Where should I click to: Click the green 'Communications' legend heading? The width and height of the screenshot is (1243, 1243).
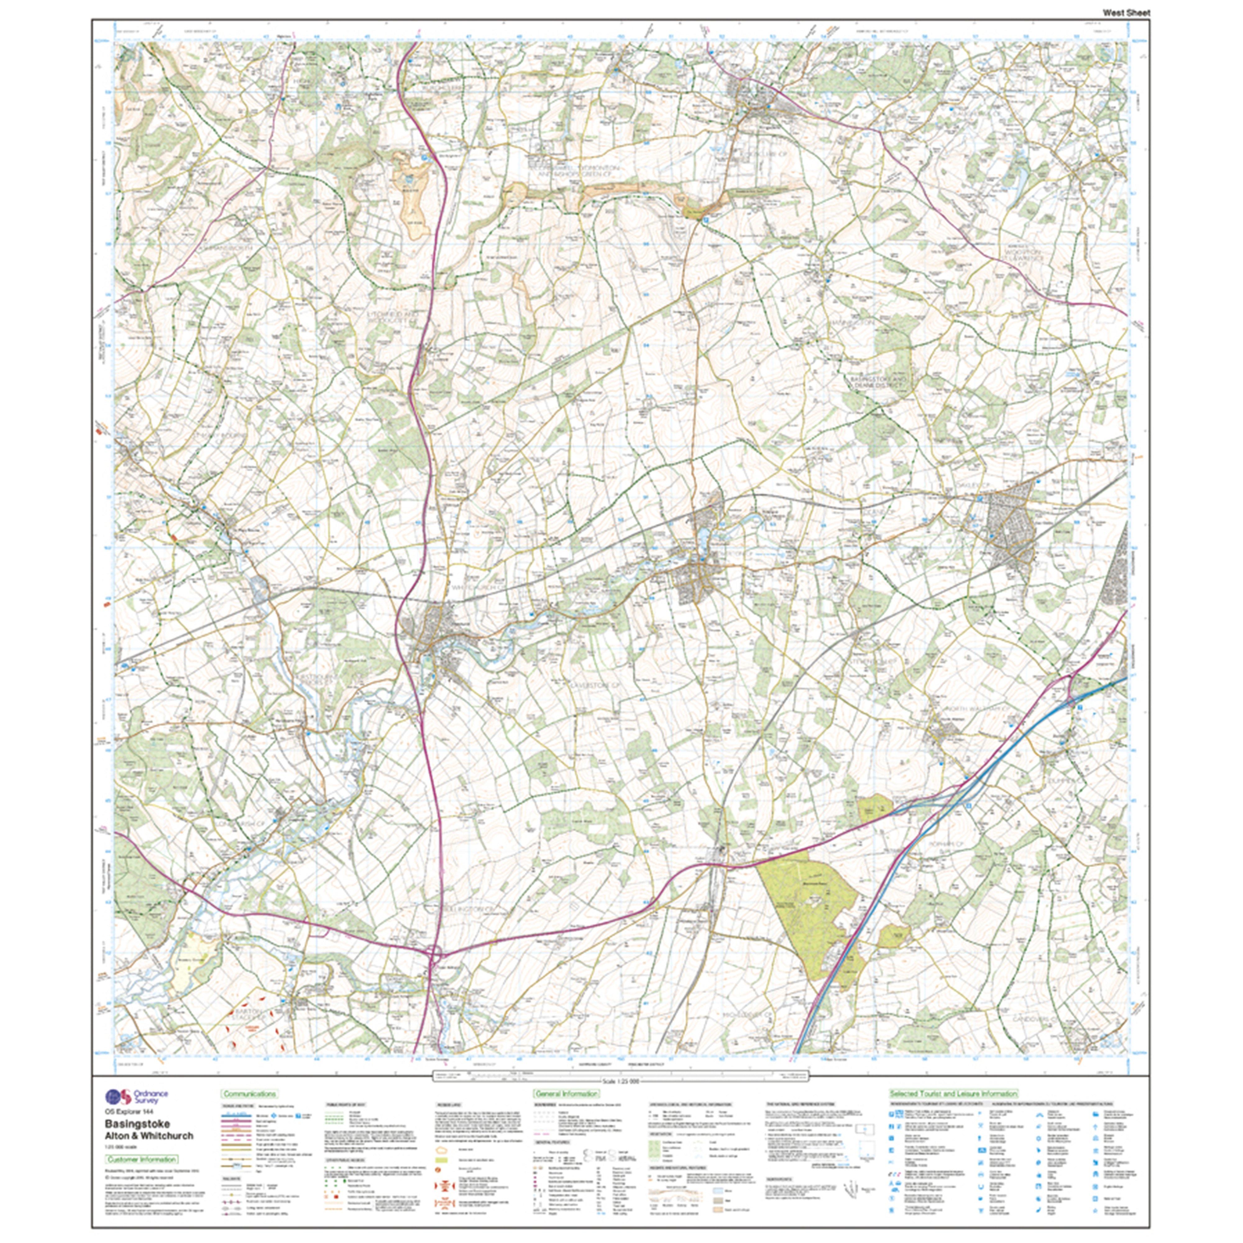point(250,1094)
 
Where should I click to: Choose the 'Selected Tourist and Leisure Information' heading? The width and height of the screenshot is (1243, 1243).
point(953,1094)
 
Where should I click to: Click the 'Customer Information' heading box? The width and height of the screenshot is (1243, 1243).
point(141,1159)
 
